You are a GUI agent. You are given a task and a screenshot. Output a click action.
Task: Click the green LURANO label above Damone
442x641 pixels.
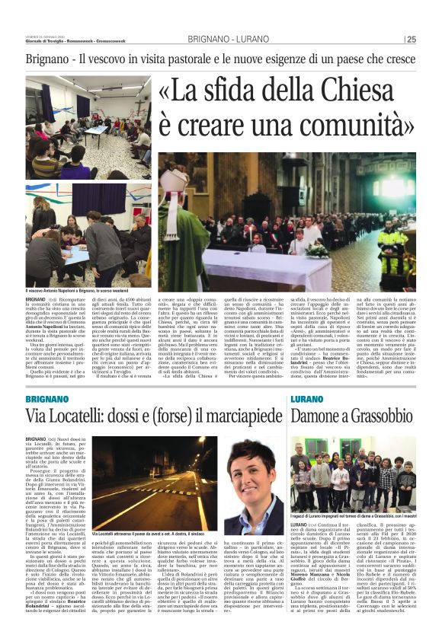309,399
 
